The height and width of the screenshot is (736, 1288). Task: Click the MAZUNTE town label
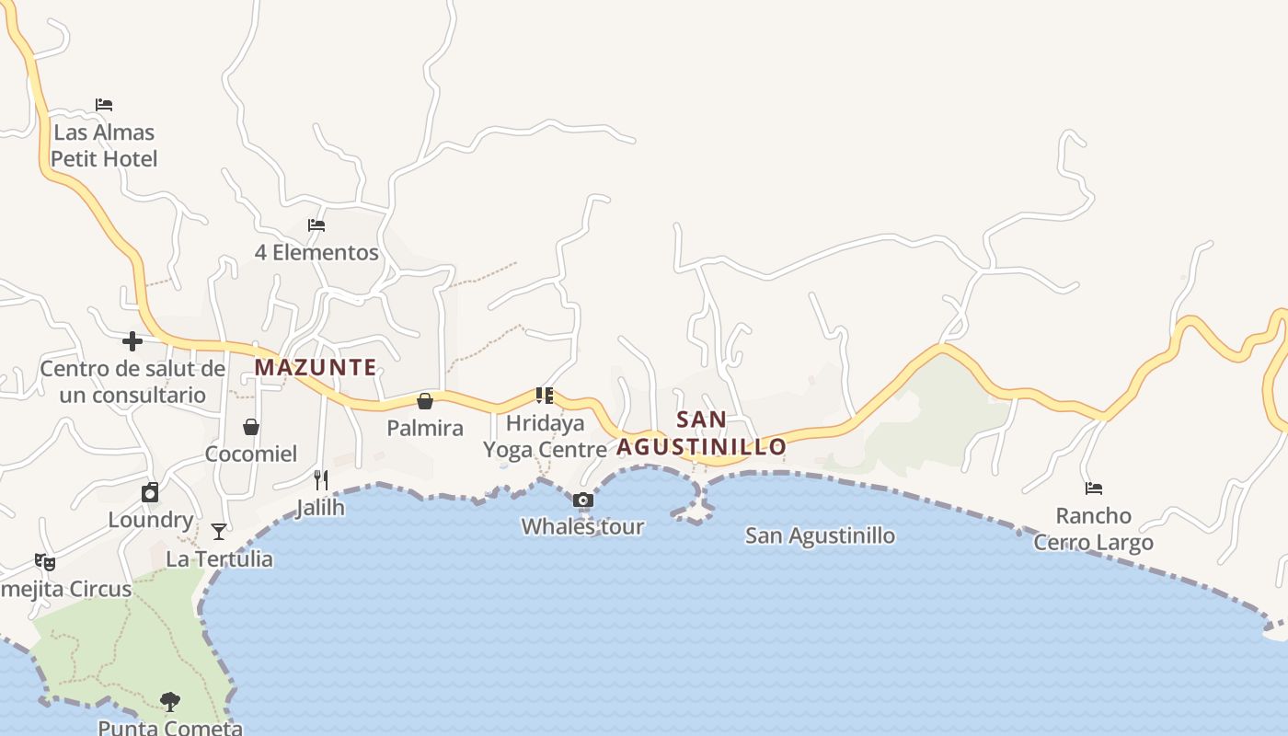pos(316,367)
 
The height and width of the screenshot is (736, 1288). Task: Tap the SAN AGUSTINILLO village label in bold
pos(701,433)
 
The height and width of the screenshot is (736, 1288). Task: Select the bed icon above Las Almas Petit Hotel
pos(104,105)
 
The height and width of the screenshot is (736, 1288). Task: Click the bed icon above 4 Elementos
pos(316,225)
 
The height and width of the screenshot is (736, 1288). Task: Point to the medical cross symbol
pos(132,341)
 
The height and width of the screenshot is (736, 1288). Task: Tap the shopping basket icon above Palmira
pos(425,401)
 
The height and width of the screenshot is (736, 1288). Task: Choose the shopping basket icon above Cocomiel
pos(250,427)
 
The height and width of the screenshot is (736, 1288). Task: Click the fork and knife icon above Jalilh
pos(320,479)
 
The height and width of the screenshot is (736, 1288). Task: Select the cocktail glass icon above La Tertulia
pos(219,532)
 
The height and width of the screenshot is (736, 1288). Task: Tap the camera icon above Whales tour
pos(582,500)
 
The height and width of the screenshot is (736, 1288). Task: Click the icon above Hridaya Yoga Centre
pos(545,396)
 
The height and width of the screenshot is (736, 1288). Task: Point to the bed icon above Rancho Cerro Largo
pos(1093,489)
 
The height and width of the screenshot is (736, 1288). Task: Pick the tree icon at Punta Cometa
pos(170,702)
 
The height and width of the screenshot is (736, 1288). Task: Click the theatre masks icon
pos(44,561)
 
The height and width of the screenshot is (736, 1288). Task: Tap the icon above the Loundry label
pos(150,492)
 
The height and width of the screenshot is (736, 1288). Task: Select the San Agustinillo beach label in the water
pos(820,535)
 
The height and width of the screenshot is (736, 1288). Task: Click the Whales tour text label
pos(582,527)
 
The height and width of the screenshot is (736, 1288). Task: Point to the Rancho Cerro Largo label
pos(1093,529)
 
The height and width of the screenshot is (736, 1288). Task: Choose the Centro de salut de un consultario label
pos(132,382)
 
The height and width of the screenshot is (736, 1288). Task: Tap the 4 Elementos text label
pos(316,252)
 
